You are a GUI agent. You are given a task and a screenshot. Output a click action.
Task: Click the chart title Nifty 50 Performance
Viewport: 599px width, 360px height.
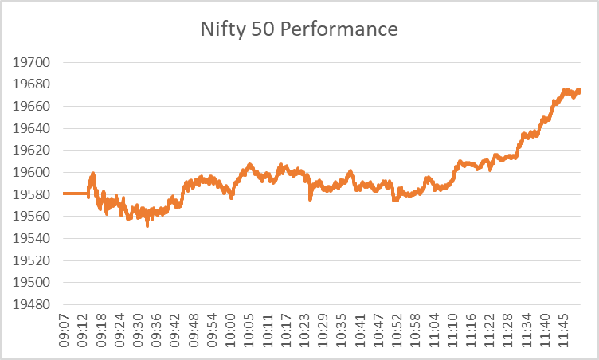click(299, 31)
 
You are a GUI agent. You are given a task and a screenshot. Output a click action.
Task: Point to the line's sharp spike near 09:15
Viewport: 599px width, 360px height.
click(93, 174)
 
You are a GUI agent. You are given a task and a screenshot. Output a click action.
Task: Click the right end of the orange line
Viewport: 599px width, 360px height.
click(579, 90)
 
